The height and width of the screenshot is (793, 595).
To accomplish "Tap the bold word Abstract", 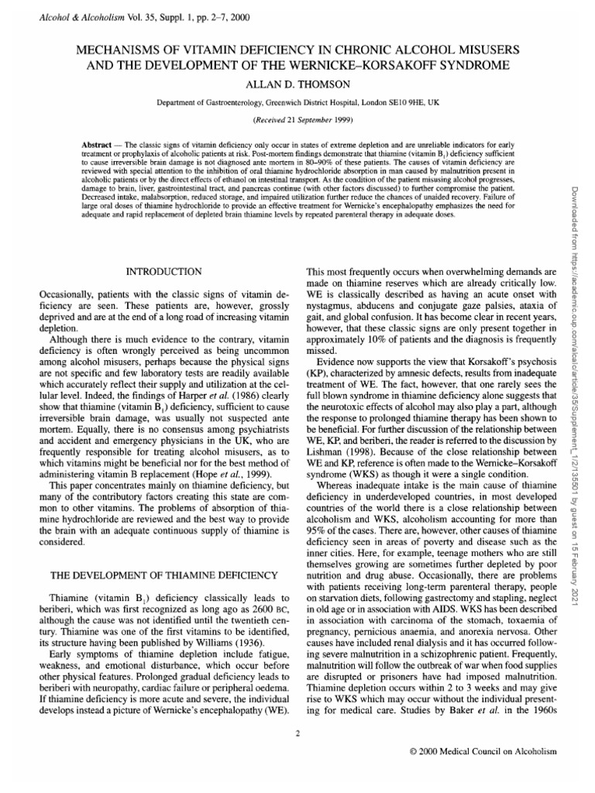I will click(x=98, y=146).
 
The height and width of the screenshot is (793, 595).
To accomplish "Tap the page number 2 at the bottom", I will click(x=297, y=733).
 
